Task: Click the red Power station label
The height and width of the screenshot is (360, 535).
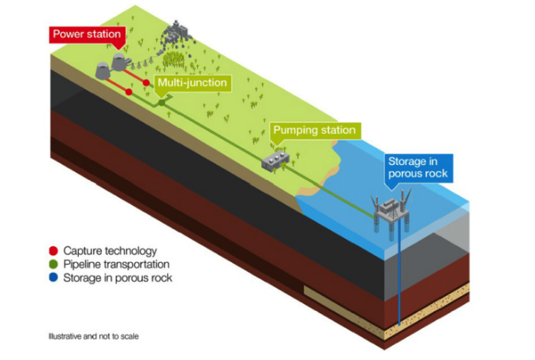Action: tap(88, 35)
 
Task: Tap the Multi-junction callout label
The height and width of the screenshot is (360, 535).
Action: tap(193, 83)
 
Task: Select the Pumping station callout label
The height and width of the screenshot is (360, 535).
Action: tap(315, 130)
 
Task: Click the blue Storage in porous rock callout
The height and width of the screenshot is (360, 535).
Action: tap(418, 168)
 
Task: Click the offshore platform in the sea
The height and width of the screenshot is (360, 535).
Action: tap(391, 210)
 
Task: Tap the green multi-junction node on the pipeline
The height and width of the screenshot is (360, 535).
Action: tap(162, 102)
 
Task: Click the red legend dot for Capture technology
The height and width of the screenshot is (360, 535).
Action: tap(54, 251)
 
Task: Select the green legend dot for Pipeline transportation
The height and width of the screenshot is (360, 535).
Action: tap(54, 264)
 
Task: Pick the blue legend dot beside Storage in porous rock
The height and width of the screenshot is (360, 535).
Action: tap(54, 277)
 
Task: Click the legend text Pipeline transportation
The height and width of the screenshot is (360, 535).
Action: tap(116, 264)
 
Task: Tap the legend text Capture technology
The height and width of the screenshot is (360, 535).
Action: tap(110, 251)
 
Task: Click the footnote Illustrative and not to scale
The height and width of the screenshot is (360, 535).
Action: tap(93, 336)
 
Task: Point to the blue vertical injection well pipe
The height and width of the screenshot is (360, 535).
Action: tap(399, 273)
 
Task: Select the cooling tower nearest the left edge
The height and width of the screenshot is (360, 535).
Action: tap(103, 70)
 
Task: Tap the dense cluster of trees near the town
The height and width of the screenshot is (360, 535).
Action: tap(174, 59)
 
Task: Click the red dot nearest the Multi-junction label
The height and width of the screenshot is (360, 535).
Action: tap(146, 83)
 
